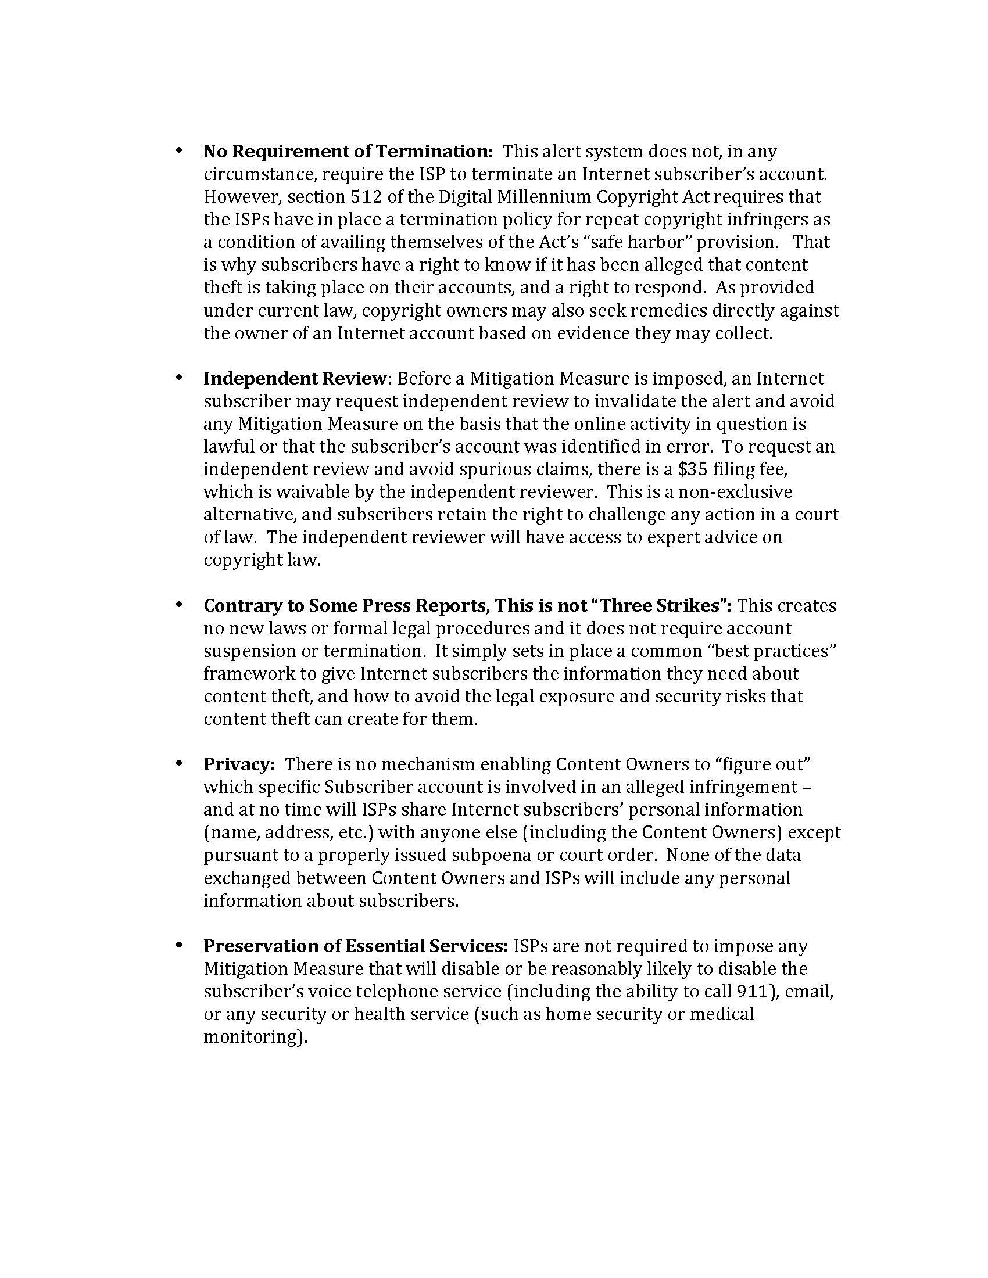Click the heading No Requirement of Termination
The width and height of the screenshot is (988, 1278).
[348, 152]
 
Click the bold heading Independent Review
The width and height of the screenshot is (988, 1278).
[295, 379]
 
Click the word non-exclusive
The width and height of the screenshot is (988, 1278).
[735, 492]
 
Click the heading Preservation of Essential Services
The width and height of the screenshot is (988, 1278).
[356, 946]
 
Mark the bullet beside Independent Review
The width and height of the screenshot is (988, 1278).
[178, 378]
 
